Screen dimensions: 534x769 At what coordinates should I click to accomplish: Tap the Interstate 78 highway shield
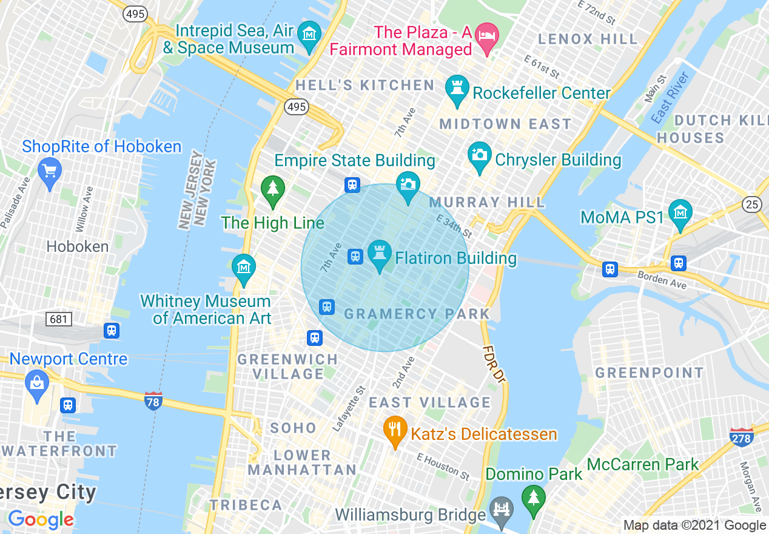[x=153, y=400]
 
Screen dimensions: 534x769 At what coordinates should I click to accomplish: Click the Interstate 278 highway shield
[x=741, y=437]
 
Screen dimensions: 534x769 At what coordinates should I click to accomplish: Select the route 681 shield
[x=59, y=319]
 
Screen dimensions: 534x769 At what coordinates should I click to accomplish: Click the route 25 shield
[x=752, y=204]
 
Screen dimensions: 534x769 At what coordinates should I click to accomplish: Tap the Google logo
[x=41, y=520]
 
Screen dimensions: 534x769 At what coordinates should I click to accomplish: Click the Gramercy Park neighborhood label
[x=417, y=314]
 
